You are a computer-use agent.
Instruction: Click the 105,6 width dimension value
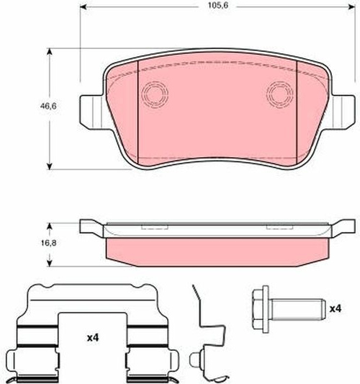coord(218,5)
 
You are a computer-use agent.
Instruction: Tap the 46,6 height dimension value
coord(48,106)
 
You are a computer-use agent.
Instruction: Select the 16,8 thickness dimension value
coord(48,243)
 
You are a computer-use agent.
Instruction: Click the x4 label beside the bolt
coord(336,309)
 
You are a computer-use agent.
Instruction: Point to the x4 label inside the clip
coord(93,338)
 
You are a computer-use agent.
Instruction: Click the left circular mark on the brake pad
coord(155,94)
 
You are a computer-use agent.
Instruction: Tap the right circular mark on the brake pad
coord(280,94)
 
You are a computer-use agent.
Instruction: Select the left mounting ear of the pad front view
coord(91,112)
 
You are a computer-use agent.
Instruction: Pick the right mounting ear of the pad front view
coord(343,112)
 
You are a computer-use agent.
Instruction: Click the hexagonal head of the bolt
coord(261,309)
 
